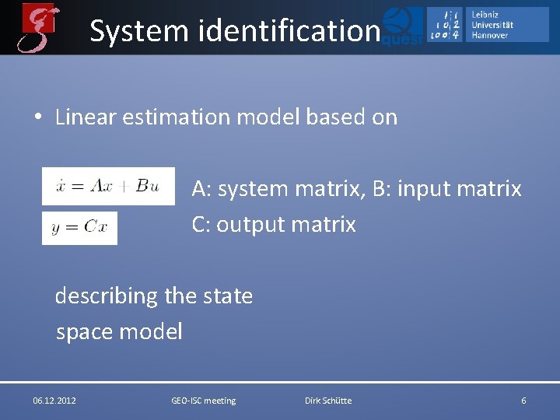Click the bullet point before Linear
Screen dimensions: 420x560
coord(37,118)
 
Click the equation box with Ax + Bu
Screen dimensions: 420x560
coord(108,186)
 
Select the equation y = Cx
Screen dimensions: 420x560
coord(79,228)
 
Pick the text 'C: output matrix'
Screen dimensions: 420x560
coord(274,225)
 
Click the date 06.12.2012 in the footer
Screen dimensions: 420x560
coord(54,401)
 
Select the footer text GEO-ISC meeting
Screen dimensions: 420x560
coord(203,401)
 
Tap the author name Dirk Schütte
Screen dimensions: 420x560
coord(328,401)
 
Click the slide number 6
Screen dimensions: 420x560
coord(523,401)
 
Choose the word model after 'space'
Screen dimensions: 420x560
coord(152,332)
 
